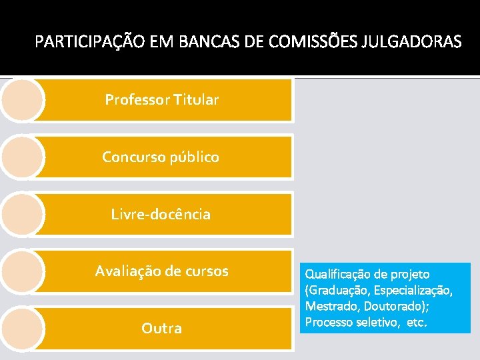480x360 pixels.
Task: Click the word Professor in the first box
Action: click(137, 100)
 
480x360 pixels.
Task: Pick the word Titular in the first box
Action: click(196, 100)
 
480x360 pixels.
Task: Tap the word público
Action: click(192, 158)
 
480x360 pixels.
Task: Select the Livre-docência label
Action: click(161, 215)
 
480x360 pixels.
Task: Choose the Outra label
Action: click(161, 329)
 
